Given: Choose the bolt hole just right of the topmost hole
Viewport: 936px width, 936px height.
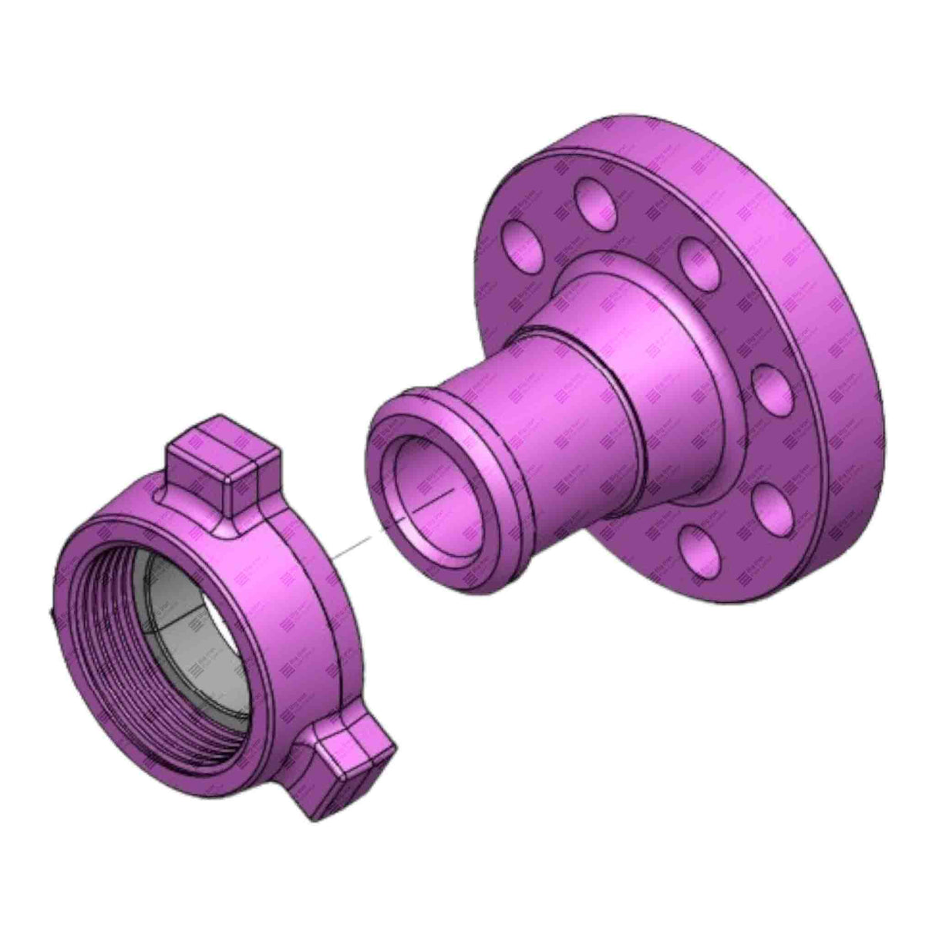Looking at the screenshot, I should coord(698,258).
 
